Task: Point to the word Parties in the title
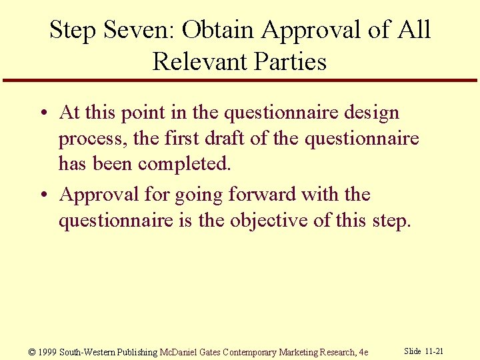pos(291,61)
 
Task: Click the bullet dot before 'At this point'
pos(42,113)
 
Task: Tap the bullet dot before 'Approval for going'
pos(42,195)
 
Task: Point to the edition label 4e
pos(363,351)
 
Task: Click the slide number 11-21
pos(434,351)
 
